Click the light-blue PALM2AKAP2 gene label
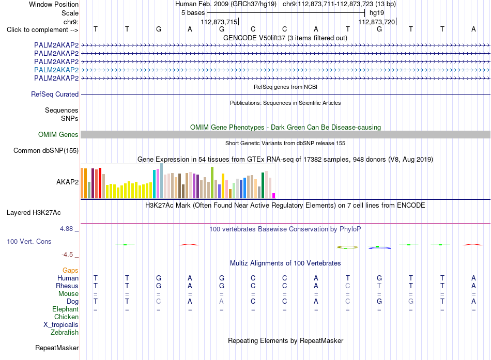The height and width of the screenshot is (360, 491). (56, 70)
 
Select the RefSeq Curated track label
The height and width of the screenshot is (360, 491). (55, 94)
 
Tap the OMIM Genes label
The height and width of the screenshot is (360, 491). (58, 135)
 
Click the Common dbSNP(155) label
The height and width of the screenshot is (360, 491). (46, 151)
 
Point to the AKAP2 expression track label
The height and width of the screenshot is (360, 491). (67, 182)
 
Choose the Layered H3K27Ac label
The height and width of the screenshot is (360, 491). (34, 213)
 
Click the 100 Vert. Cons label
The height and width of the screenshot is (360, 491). (29, 241)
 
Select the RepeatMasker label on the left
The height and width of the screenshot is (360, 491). (57, 348)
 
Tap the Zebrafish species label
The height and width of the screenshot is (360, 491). (65, 333)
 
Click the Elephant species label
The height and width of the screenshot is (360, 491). (66, 309)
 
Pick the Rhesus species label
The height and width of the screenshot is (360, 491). (67, 286)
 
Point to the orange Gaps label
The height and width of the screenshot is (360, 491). (70, 270)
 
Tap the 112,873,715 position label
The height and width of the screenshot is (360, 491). (219, 22)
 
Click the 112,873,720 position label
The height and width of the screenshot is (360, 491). (377, 22)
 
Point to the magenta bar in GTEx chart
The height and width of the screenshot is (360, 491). (274, 196)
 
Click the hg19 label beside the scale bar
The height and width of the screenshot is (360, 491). (377, 13)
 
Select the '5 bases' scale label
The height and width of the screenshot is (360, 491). (193, 13)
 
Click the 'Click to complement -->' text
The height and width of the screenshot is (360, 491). (42, 30)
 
